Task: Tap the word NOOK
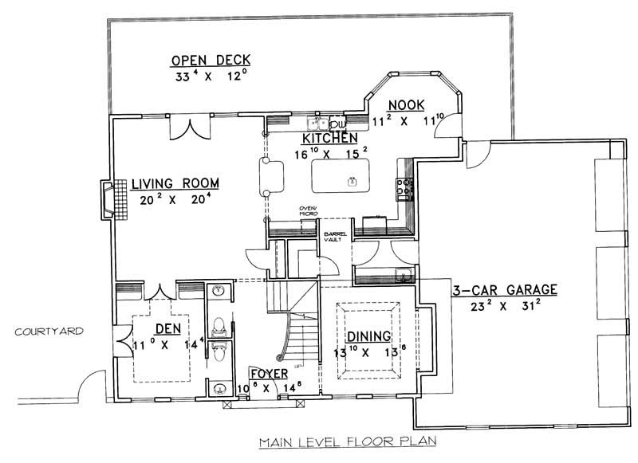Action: point(407,105)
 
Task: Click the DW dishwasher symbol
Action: point(337,124)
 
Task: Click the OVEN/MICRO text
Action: point(309,211)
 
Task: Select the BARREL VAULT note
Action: point(333,237)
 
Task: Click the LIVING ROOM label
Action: point(175,183)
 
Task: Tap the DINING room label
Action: point(368,335)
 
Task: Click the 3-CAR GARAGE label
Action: point(504,289)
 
